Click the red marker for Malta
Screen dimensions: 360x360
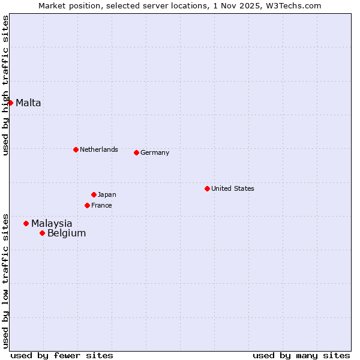point(10,103)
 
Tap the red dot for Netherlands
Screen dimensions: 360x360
point(76,149)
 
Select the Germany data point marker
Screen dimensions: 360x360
point(136,152)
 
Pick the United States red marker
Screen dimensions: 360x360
point(207,188)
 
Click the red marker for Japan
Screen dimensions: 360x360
point(94,194)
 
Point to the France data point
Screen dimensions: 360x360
point(87,205)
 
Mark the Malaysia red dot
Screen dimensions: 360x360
point(26,223)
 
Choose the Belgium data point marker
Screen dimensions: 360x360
point(42,233)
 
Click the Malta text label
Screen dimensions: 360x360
point(28,103)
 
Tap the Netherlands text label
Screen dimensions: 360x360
point(98,149)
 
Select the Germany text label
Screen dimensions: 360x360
point(155,152)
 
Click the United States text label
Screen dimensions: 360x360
point(232,188)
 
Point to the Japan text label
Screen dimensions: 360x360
point(107,194)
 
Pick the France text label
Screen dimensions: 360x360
point(101,205)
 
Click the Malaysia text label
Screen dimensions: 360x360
point(52,223)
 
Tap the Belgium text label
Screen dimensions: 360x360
point(67,233)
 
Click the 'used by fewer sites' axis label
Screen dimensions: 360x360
point(62,355)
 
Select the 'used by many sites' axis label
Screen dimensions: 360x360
point(301,355)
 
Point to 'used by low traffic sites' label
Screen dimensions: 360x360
point(5,280)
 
